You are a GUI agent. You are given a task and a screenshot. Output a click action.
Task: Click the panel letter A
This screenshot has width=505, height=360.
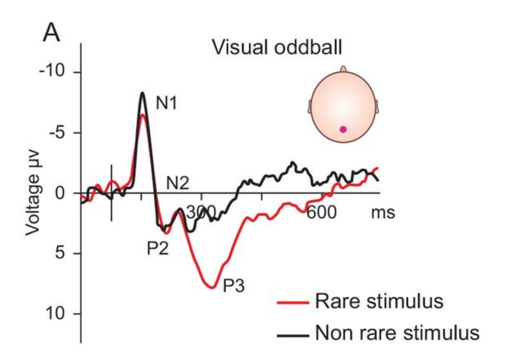pos(52,33)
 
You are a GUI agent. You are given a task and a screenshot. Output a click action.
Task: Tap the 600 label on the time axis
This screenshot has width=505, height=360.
pos(322,213)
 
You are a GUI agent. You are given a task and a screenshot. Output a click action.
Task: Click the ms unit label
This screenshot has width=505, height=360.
pos(383,213)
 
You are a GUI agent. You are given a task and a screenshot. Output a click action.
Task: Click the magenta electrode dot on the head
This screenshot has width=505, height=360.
pos(343,129)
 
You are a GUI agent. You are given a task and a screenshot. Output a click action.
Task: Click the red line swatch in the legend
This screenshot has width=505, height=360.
pos(293,303)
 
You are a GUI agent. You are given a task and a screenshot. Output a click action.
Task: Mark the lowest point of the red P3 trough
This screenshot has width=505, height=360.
pos(212,288)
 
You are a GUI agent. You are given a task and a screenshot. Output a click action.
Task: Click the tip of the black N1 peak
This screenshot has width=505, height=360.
pos(143,93)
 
